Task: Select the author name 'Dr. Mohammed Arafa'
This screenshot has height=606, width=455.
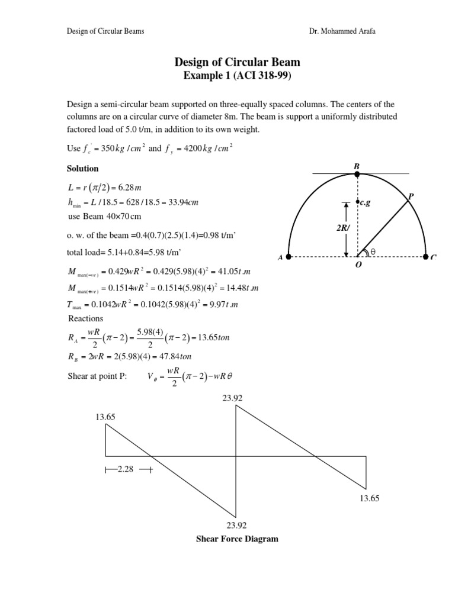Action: pos(342,31)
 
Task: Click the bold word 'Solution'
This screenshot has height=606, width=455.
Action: pos(82,169)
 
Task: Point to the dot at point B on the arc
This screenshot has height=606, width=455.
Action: pos(357,174)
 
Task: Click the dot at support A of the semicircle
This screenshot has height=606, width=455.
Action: pos(288,257)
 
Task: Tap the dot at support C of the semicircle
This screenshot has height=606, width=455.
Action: pos(426,257)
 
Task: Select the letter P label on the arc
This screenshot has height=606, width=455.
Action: pos(411,195)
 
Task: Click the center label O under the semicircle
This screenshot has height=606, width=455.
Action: pos(358,266)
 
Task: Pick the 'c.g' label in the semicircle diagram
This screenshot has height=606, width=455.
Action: pos(364,202)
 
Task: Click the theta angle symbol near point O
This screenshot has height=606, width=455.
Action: pos(373,252)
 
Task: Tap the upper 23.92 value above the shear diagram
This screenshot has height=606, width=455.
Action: pos(232,398)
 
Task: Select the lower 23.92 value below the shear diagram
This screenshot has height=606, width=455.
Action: pos(236,526)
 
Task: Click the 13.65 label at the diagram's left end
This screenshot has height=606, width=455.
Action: pos(105,417)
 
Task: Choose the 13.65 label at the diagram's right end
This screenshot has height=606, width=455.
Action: pos(369,499)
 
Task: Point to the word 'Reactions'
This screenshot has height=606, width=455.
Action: pos(86,318)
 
